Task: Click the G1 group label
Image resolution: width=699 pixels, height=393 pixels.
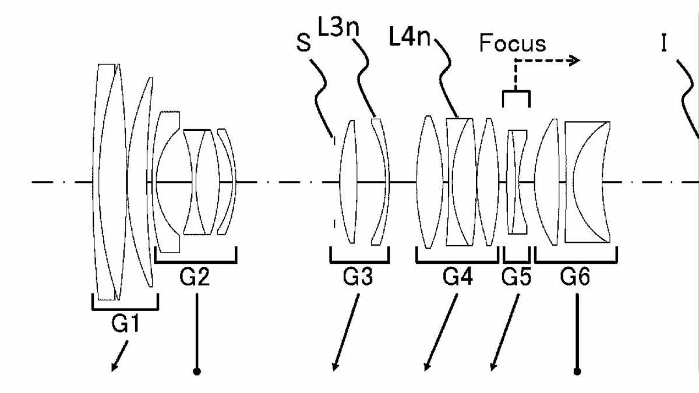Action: click(125, 324)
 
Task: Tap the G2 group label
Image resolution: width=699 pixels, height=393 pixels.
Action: click(195, 277)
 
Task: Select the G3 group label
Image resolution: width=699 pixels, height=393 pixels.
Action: click(358, 277)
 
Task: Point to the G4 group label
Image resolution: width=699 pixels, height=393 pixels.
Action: click(458, 277)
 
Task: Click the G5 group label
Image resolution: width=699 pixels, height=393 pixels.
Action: click(516, 277)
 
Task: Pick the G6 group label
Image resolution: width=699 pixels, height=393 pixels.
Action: click(575, 277)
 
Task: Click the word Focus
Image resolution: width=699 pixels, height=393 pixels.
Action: click(513, 43)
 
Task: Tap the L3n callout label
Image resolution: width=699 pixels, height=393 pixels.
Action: click(338, 27)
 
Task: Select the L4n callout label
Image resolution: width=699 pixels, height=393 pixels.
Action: click(410, 37)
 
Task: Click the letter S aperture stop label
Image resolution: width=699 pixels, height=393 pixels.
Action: click(303, 43)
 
